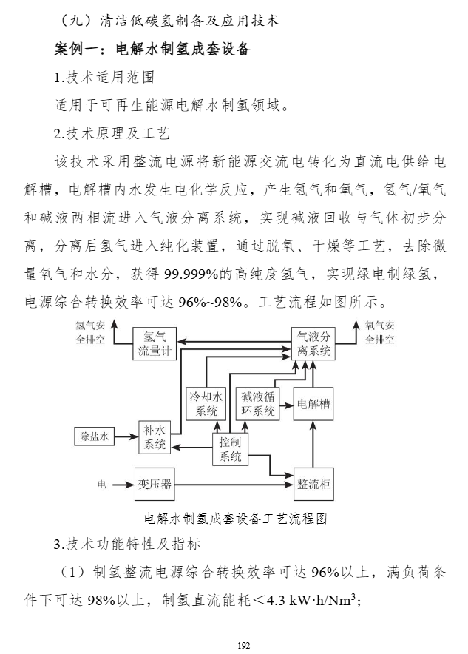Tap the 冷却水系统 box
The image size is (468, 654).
click(x=206, y=404)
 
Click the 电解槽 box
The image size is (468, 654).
click(x=313, y=404)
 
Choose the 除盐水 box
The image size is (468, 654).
click(x=94, y=437)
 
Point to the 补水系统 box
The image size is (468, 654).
click(x=155, y=437)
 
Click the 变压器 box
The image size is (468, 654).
click(x=155, y=485)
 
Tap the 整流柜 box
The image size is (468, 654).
click(x=313, y=485)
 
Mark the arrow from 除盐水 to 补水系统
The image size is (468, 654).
click(x=126, y=437)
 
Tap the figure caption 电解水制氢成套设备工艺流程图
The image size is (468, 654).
click(x=235, y=518)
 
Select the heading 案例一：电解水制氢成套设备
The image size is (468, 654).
click(x=152, y=51)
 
